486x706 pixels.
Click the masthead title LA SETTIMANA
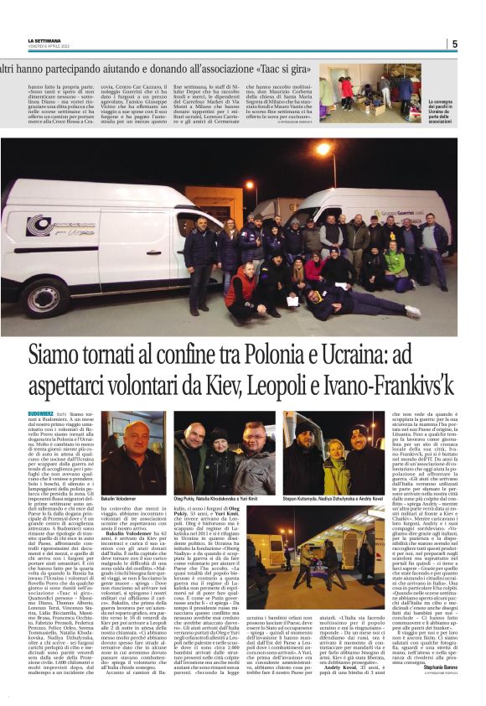pos(44,39)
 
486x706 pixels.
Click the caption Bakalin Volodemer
pos(119,498)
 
